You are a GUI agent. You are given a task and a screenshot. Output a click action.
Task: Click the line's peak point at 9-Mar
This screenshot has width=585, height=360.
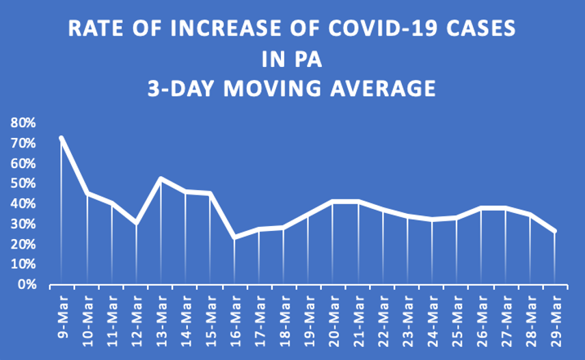(62, 138)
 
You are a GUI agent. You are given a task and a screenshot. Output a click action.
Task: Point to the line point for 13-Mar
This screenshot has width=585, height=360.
(161, 178)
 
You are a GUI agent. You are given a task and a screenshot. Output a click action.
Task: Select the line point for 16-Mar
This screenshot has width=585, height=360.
(234, 237)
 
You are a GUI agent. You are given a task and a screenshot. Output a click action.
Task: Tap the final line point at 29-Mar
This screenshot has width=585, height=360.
(555, 231)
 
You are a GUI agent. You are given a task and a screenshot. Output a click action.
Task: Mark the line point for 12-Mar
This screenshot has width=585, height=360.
(136, 223)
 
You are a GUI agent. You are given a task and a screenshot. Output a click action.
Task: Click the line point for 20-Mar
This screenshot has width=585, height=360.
(333, 201)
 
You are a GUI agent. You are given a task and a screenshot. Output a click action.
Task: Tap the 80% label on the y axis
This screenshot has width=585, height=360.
(23, 123)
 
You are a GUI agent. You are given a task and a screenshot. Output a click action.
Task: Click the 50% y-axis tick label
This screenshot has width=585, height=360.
(23, 183)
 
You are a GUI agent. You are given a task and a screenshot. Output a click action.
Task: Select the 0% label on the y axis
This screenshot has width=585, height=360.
(27, 283)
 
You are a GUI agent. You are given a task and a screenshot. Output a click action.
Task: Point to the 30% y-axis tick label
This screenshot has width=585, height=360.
(23, 223)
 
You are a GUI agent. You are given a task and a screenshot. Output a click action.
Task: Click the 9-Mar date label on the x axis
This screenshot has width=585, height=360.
(62, 311)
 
